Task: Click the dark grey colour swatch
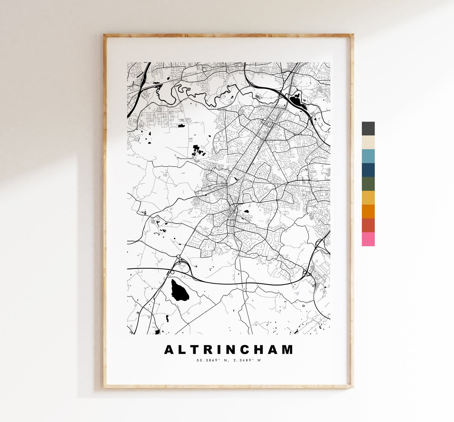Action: [368, 128]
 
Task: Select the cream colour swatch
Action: [368, 142]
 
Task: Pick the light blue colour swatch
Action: [368, 156]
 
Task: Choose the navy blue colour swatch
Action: [368, 170]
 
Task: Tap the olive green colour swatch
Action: [368, 184]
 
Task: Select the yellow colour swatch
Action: [368, 197]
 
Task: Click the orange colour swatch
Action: [368, 211]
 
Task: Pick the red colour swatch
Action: [368, 225]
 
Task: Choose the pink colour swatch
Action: [368, 239]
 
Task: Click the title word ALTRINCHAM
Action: [228, 349]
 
